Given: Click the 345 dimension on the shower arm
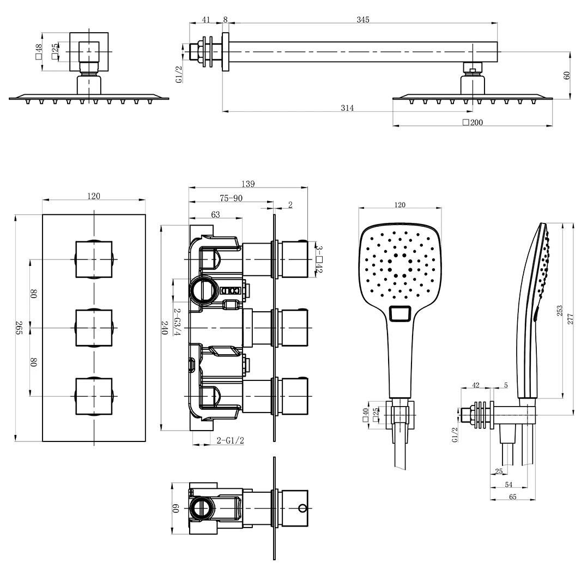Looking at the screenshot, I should click(363, 20).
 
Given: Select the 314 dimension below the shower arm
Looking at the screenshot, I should click(347, 108).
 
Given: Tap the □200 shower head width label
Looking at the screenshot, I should click(473, 123).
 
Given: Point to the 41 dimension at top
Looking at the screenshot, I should click(206, 20).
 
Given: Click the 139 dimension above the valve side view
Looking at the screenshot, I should click(247, 184).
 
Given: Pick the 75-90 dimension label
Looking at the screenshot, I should click(231, 198).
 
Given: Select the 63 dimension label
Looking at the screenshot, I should click(215, 215).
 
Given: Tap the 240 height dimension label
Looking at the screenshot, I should click(164, 327).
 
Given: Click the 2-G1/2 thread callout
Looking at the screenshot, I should click(230, 440).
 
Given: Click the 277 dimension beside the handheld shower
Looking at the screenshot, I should click(571, 318).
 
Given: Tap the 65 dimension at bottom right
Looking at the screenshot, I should click(512, 497).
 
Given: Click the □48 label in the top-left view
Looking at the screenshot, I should click(38, 52).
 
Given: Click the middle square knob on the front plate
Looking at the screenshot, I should click(94, 328).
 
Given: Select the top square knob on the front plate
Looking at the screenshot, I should click(94, 259).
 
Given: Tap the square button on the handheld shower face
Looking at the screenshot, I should click(402, 314).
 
